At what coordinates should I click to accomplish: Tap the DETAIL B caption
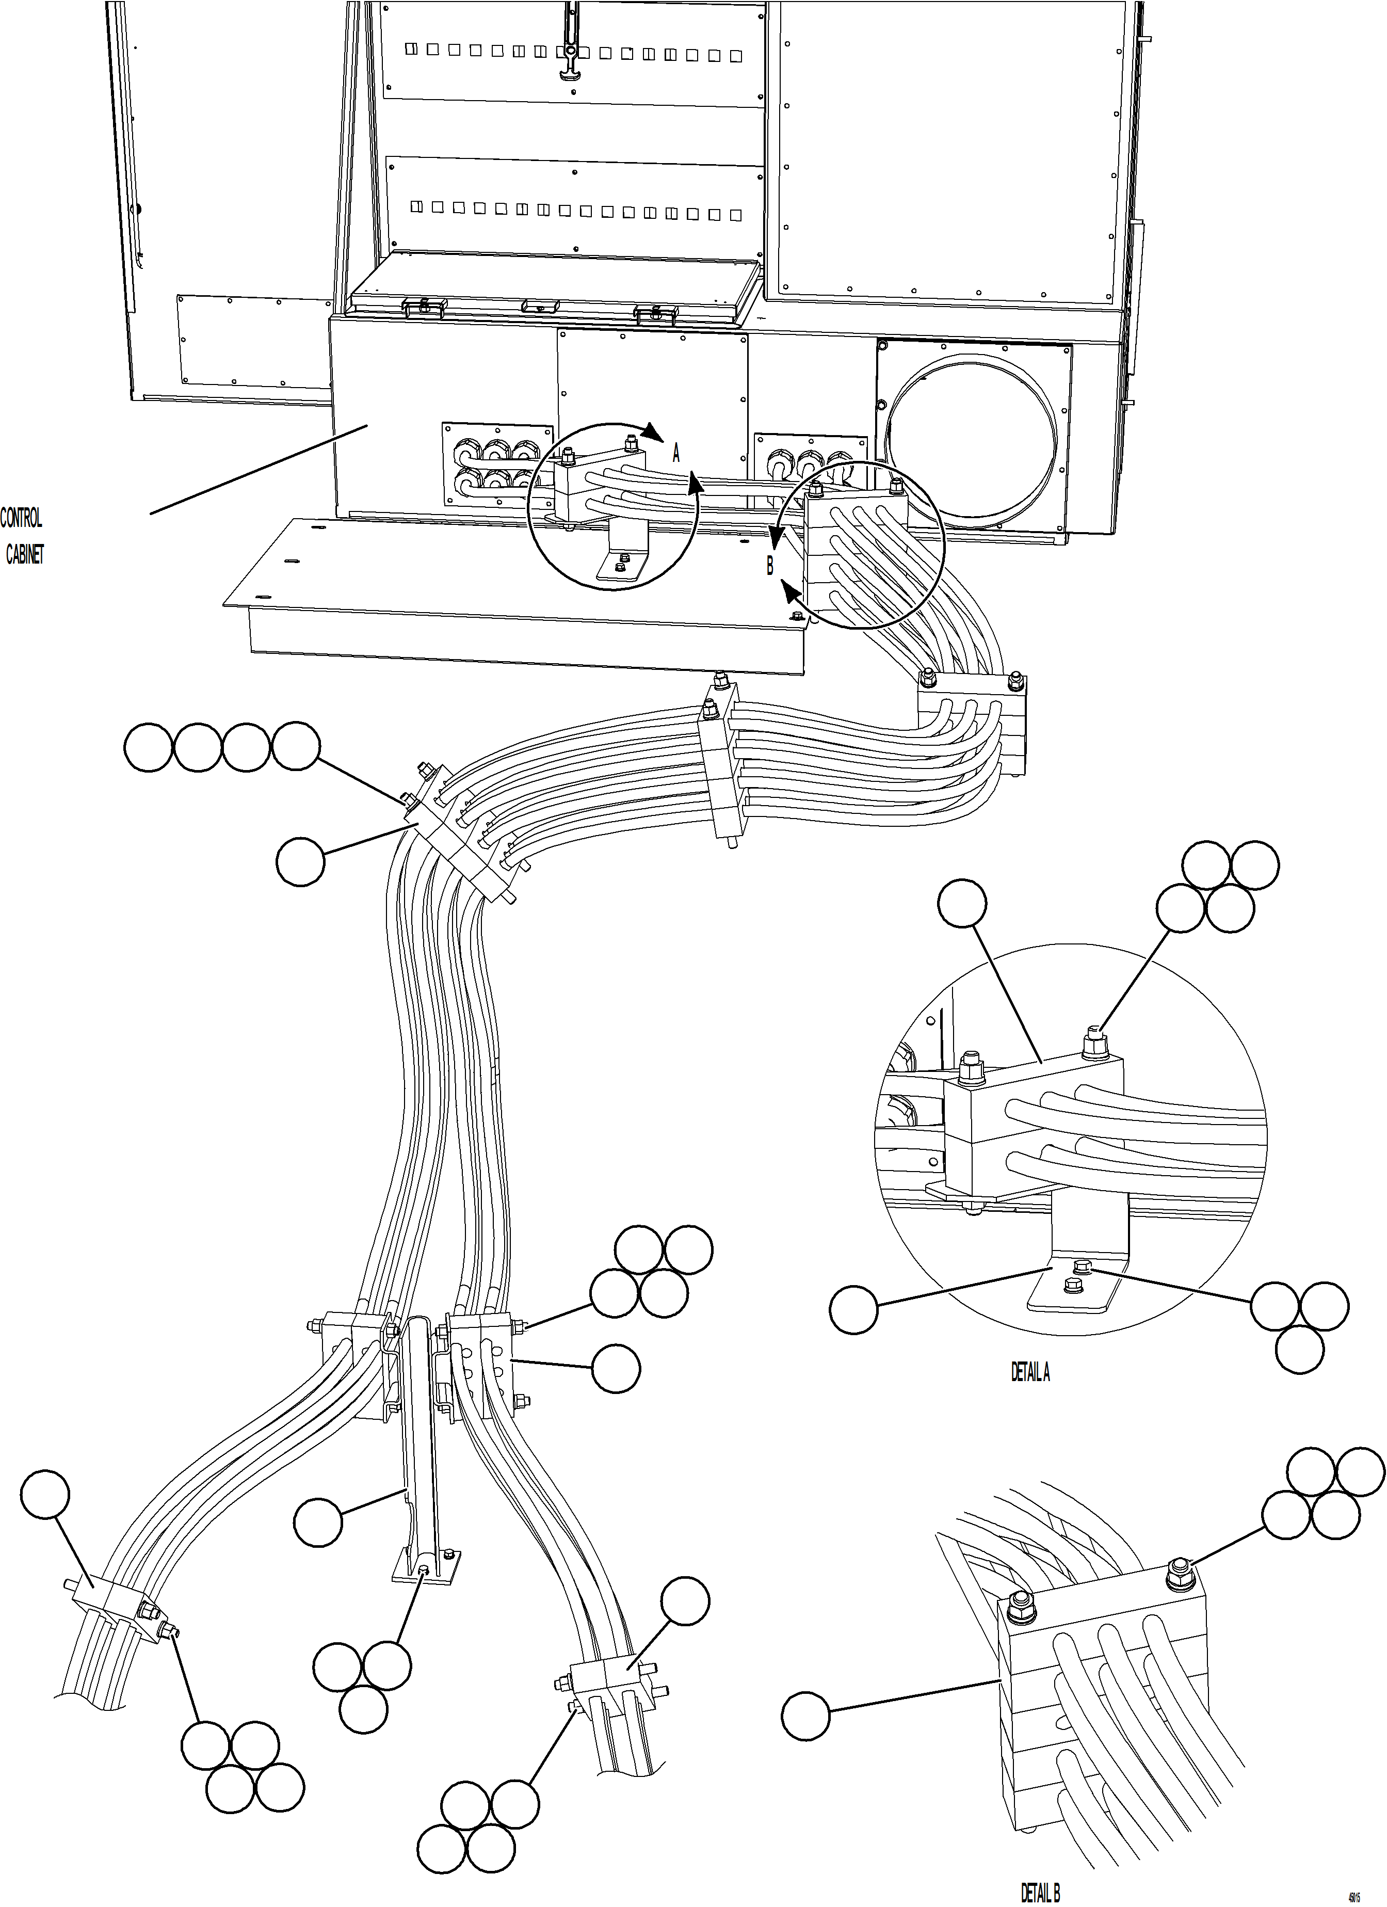(x=1040, y=1893)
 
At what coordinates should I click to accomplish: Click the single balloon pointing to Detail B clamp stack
(x=805, y=1716)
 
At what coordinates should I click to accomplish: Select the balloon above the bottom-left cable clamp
(x=44, y=1494)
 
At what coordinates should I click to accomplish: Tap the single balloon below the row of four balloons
(x=300, y=861)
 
